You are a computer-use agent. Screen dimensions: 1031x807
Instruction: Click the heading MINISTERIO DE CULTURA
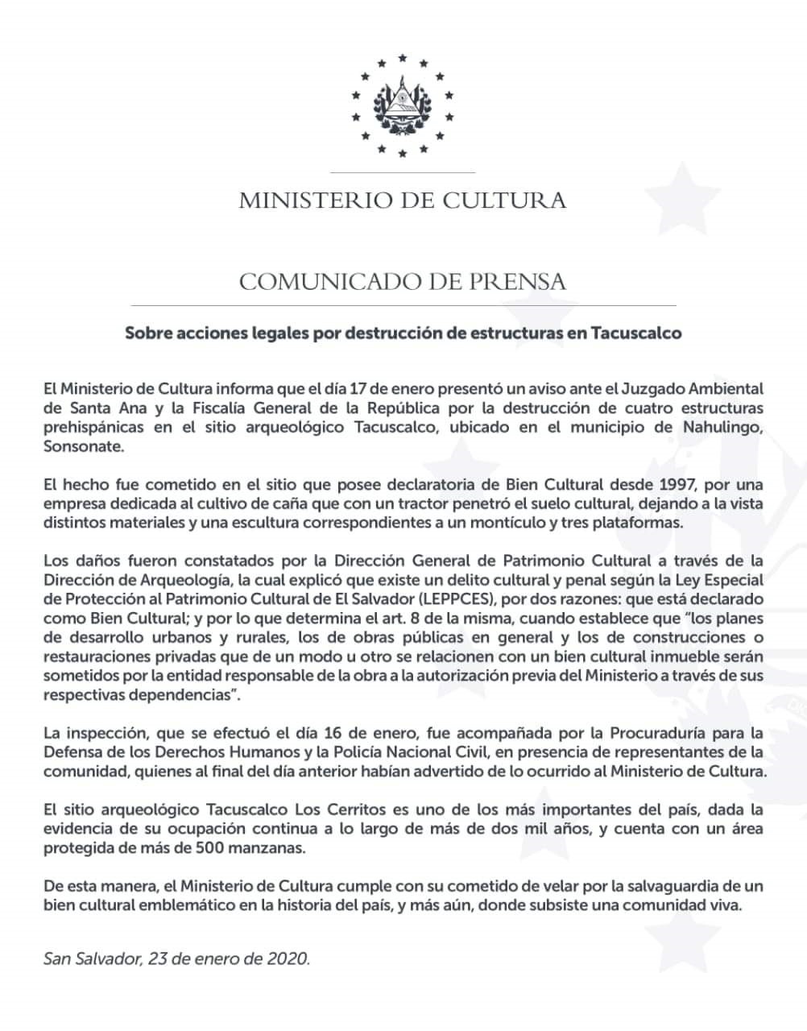(x=403, y=200)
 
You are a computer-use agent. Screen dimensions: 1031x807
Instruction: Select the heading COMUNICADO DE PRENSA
(x=403, y=282)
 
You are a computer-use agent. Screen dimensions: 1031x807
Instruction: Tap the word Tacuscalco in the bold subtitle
(x=636, y=333)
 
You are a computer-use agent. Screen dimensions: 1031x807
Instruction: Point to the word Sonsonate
(x=84, y=445)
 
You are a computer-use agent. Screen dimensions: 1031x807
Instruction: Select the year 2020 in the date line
(x=288, y=959)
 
